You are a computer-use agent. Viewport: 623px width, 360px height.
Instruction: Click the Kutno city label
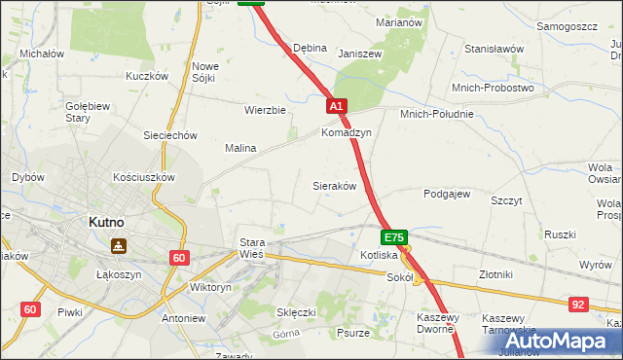pyautogui.click(x=105, y=222)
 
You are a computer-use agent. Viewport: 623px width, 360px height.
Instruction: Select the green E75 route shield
pyautogui.click(x=393, y=237)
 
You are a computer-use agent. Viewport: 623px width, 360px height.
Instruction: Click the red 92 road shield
pyautogui.click(x=579, y=305)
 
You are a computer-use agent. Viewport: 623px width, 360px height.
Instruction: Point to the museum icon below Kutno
pyautogui.click(x=118, y=246)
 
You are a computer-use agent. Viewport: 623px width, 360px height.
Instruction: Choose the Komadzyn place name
pyautogui.click(x=347, y=132)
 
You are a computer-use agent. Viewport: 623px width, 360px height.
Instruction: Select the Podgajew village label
pyautogui.click(x=447, y=194)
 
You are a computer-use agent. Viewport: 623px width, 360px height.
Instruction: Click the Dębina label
pyautogui.click(x=310, y=48)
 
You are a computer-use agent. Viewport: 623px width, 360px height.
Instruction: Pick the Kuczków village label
pyautogui.click(x=148, y=76)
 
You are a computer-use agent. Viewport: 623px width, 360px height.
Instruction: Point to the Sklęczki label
pyautogui.click(x=297, y=312)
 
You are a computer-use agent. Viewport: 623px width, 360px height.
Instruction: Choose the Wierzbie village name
pyautogui.click(x=265, y=110)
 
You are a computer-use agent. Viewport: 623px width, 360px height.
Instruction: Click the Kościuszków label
pyautogui.click(x=143, y=177)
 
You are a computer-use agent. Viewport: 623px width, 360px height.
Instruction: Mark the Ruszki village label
pyautogui.click(x=561, y=234)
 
